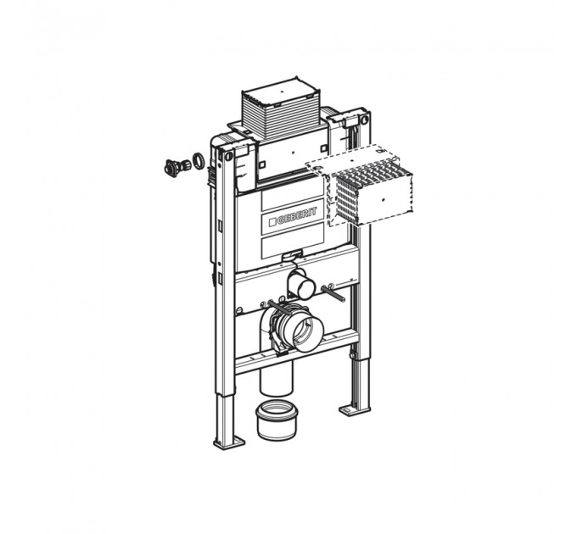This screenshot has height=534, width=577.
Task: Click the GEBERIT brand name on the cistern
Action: pyautogui.click(x=297, y=216)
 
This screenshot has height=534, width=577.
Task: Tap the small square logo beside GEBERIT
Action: pyautogui.click(x=272, y=222)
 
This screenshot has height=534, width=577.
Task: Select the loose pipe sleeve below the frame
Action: pyautogui.click(x=277, y=420)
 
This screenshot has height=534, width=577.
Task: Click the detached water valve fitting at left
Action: pyautogui.click(x=177, y=167)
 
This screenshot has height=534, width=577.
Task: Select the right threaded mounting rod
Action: pyautogui.click(x=333, y=293)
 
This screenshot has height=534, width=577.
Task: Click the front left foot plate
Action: pyautogui.click(x=230, y=442)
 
